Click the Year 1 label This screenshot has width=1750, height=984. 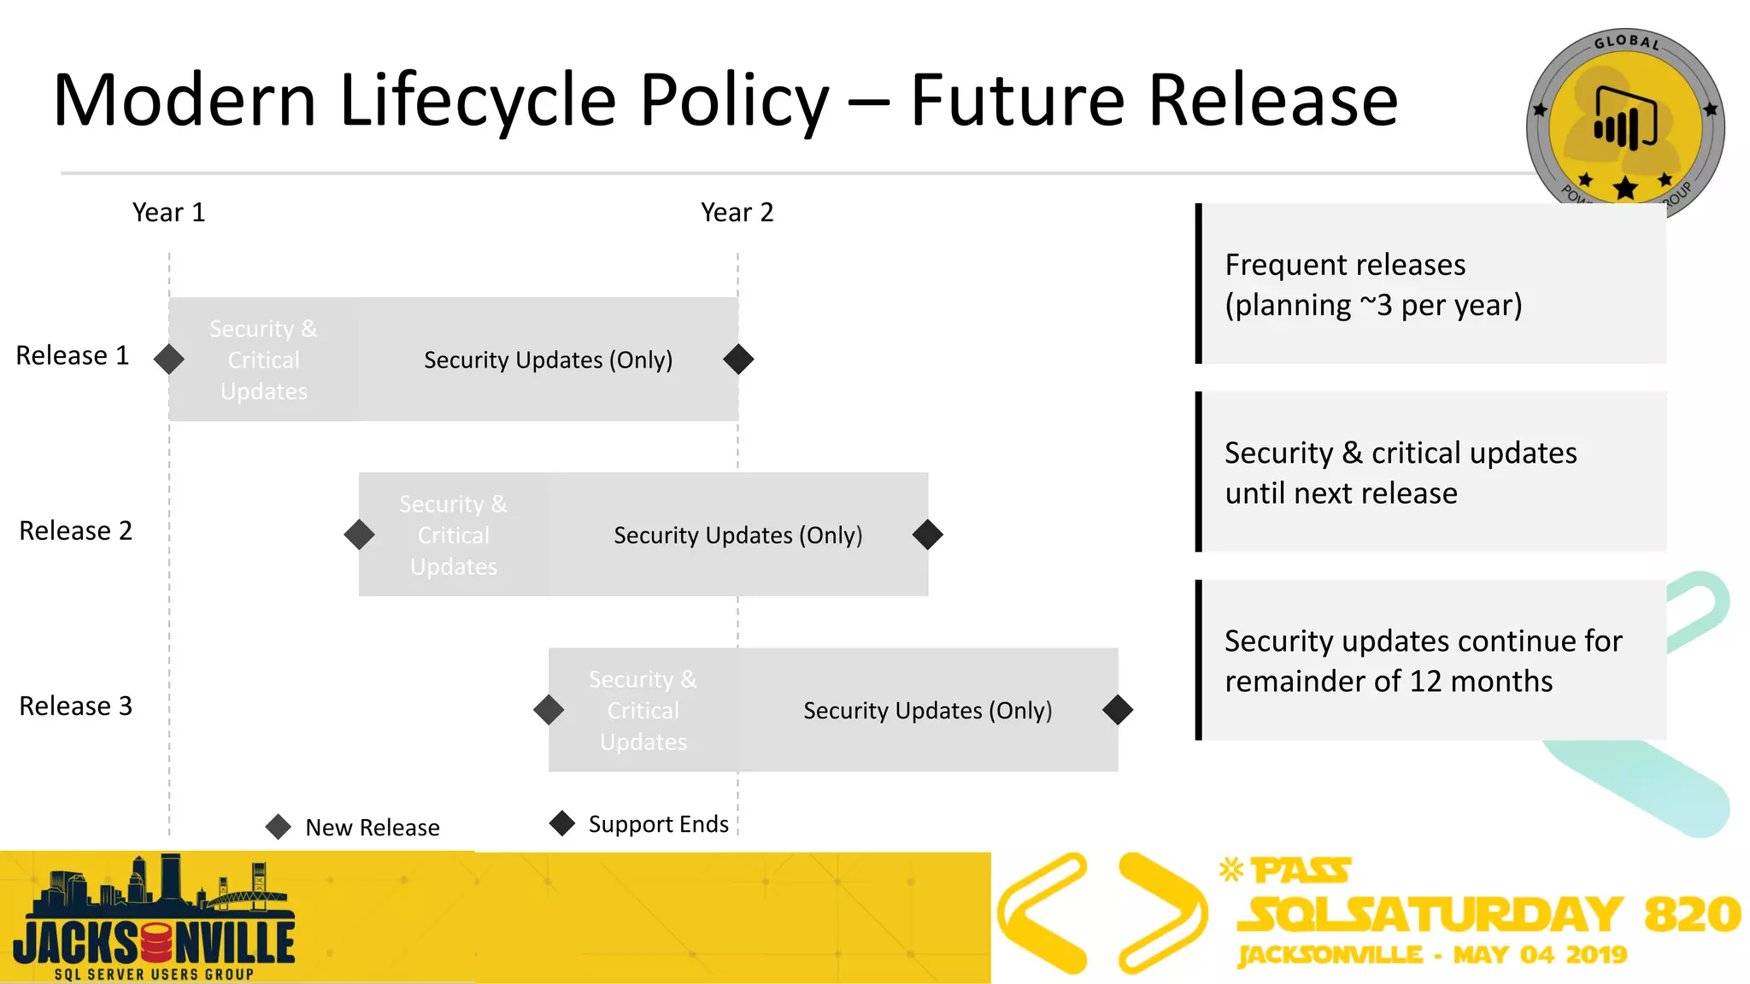[x=168, y=212]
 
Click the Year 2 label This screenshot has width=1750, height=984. [x=737, y=212]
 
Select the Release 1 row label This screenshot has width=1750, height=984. [x=73, y=355]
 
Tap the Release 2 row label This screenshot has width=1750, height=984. [x=75, y=530]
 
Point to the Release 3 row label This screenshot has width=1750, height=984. [x=75, y=706]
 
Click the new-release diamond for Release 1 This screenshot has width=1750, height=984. [x=169, y=359]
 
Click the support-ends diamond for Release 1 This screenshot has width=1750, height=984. [x=738, y=359]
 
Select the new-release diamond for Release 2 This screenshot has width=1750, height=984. [x=359, y=535]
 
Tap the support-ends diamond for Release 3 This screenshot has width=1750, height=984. [x=1118, y=710]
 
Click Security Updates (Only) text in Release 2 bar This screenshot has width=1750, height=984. [x=737, y=535]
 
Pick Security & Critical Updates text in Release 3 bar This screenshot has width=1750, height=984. [x=643, y=710]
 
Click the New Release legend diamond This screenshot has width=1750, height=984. [x=279, y=826]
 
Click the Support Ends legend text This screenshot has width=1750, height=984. [x=658, y=824]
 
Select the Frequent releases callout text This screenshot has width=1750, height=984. [x=1372, y=284]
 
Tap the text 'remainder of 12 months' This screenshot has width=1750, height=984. [x=1388, y=681]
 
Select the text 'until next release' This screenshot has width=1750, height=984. [x=1341, y=493]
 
